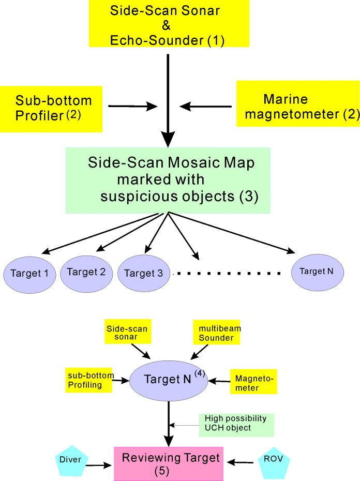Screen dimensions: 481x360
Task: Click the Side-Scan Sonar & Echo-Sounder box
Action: [x=168, y=24]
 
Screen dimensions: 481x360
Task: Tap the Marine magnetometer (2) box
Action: [x=297, y=103]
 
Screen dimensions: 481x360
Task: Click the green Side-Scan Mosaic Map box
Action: [x=168, y=179]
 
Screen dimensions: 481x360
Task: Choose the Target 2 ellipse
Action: [x=86, y=272]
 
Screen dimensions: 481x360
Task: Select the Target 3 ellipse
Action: [x=144, y=273]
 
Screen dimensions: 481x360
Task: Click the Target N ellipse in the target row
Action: [x=317, y=270]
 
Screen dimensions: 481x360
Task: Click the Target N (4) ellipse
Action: [x=169, y=380]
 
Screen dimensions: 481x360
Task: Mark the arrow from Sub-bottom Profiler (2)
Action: [x=132, y=107]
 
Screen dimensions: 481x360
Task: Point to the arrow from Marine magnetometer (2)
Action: [x=206, y=107]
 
